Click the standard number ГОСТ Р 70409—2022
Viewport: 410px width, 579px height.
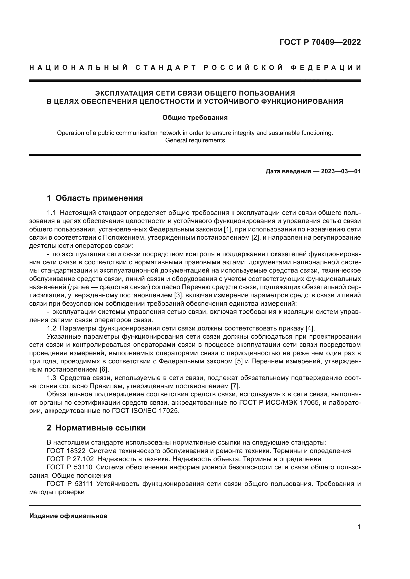tap(320, 42)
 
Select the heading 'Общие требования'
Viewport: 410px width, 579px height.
tap(195, 118)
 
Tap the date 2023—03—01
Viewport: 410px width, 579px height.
tap(341, 172)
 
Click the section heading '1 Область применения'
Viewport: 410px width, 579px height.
tap(95, 198)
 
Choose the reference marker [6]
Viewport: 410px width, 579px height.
tap(104, 369)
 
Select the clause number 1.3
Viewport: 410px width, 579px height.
tap(52, 378)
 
